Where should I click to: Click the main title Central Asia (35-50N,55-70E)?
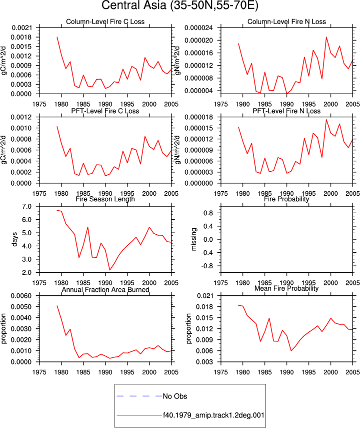pos(179,5)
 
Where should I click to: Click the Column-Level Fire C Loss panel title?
pos(105,22)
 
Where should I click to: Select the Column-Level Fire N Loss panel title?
pos(286,22)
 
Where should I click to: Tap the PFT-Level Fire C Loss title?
pos(105,111)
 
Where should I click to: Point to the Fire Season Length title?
pos(105,199)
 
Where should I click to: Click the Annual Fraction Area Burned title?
pos(105,290)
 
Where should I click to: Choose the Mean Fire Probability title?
pos(286,288)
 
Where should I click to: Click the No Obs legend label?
pos(175,396)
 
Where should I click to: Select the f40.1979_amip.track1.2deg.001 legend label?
pos(213,415)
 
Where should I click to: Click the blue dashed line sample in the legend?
pos(139,396)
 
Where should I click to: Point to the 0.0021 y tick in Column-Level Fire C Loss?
pos(22,28)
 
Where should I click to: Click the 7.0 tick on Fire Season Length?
pos(26,207)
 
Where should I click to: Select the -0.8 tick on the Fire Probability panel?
pos(208,266)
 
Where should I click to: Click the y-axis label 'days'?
pos(14,239)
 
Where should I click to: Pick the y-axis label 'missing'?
pos(193,239)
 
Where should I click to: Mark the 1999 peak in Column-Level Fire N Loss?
pos(326,37)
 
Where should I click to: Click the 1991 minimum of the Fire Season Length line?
pos(109,270)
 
